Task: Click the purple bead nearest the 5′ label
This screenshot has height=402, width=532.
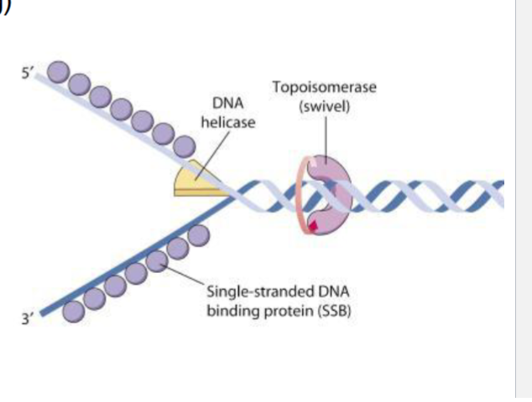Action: tap(60, 74)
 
